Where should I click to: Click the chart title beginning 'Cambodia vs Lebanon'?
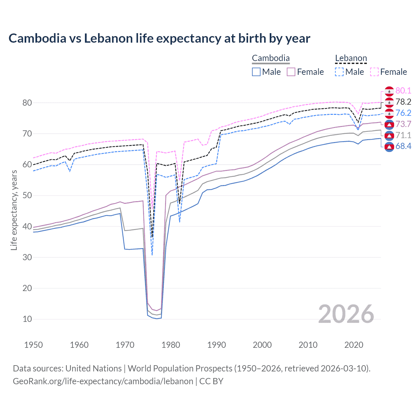pyautogui.click(x=159, y=38)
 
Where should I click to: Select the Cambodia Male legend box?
pyautogui.click(x=256, y=72)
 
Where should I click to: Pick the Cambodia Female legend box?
pyautogui.click(x=291, y=72)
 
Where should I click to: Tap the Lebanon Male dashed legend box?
pyautogui.click(x=339, y=72)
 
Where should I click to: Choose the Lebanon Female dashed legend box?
pyautogui.click(x=374, y=72)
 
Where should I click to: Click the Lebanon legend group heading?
pyautogui.click(x=351, y=58)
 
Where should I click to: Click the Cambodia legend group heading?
pyautogui.click(x=271, y=58)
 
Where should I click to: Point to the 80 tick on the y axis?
pyautogui.click(x=27, y=103)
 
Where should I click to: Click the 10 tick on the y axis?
pyautogui.click(x=27, y=319)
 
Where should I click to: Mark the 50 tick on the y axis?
pyautogui.click(x=27, y=196)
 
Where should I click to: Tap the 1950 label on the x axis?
pyautogui.click(x=33, y=345)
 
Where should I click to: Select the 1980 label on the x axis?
pyautogui.click(x=171, y=345)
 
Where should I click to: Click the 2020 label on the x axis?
pyautogui.click(x=354, y=345)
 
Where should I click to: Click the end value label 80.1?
pyautogui.click(x=403, y=91)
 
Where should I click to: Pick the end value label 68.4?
pyautogui.click(x=403, y=146)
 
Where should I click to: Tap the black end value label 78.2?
pyautogui.click(x=403, y=102)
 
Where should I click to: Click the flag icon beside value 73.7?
pyautogui.click(x=389, y=124)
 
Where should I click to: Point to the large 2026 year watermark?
pyautogui.click(x=346, y=314)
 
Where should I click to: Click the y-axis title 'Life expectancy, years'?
pyautogui.click(x=14, y=210)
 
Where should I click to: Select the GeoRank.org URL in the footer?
pyautogui.click(x=103, y=381)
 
